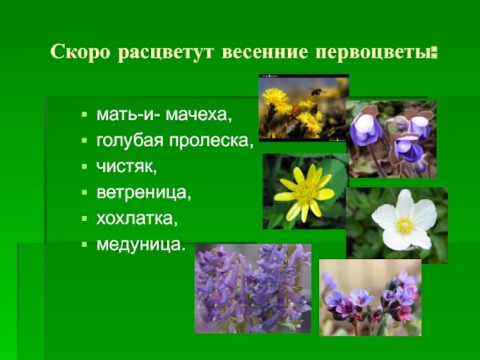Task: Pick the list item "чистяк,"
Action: [x=127, y=167]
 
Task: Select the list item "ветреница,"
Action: [x=144, y=193]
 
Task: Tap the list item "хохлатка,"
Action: [x=137, y=218]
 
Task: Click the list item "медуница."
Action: [x=141, y=243]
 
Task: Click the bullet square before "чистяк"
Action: [x=84, y=168]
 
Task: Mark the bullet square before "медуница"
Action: [x=84, y=244]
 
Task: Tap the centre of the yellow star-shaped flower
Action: [x=304, y=193]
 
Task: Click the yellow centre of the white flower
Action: [x=405, y=226]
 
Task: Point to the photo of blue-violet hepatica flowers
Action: [x=392, y=138]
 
